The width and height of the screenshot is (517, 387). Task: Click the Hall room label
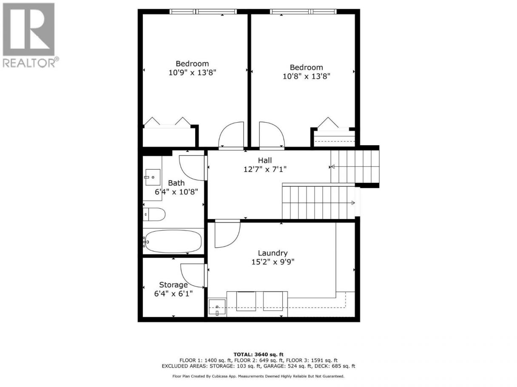pyautogui.click(x=265, y=160)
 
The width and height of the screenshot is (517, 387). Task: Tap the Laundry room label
pyautogui.click(x=273, y=253)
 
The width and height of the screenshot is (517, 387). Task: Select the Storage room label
pyautogui.click(x=173, y=285)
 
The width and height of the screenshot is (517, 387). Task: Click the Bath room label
pyautogui.click(x=176, y=183)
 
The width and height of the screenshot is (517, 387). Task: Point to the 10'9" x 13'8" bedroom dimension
pyautogui.click(x=192, y=73)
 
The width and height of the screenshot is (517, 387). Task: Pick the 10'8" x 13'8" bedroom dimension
pyautogui.click(x=306, y=76)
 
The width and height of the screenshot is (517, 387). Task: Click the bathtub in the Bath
pyautogui.click(x=173, y=241)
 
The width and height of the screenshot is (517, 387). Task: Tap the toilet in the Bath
pyautogui.click(x=154, y=214)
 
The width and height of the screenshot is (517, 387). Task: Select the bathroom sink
pyautogui.click(x=153, y=177)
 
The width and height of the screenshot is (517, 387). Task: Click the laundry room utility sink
pyautogui.click(x=217, y=308)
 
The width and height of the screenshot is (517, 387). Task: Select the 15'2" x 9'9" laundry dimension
pyautogui.click(x=273, y=262)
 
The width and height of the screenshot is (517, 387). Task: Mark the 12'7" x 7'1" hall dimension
pyautogui.click(x=265, y=169)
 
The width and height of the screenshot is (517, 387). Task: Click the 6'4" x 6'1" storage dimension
pyautogui.click(x=173, y=294)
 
